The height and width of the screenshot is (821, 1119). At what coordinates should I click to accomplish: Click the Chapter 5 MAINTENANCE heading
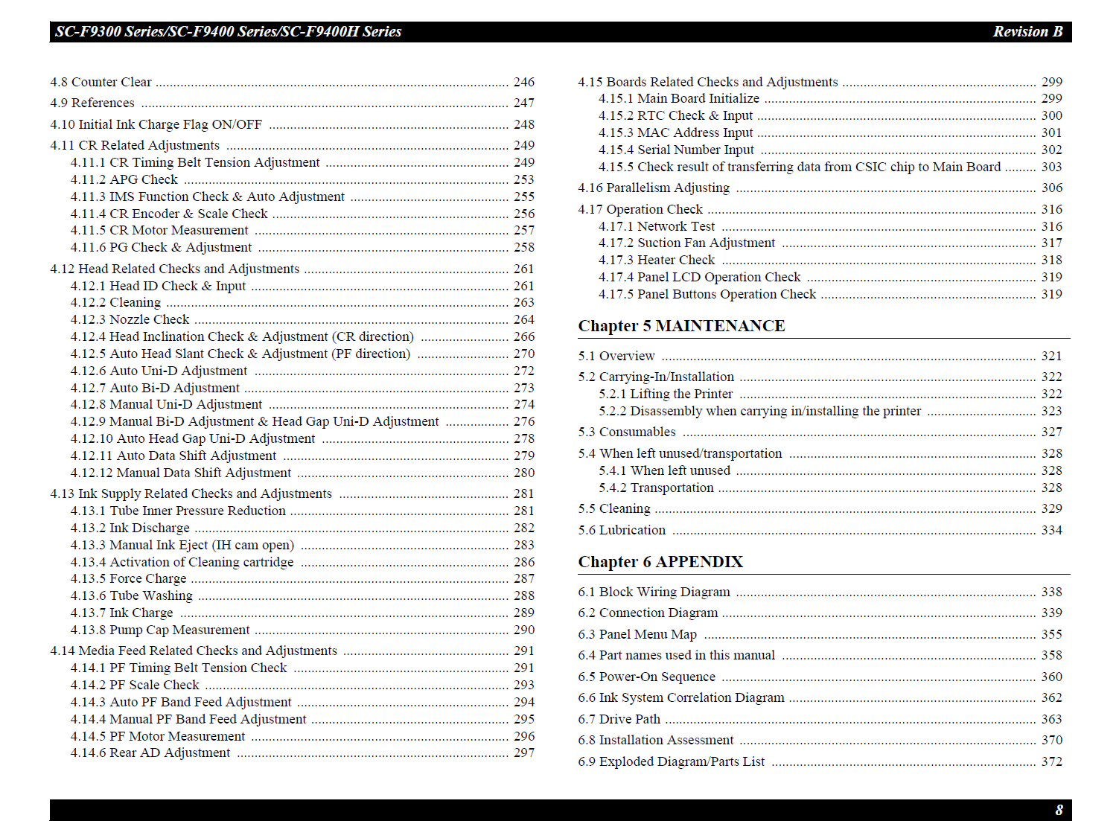[x=681, y=326]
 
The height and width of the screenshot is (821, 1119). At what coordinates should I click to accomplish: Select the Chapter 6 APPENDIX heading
[x=660, y=562]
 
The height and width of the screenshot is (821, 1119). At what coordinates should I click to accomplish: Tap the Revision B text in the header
[x=1027, y=31]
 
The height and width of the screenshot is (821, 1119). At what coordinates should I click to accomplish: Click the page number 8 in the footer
[x=1059, y=810]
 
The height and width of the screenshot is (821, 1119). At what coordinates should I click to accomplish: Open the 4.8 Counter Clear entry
[x=101, y=82]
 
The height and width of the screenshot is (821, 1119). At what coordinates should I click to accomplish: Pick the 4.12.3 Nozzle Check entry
[x=130, y=319]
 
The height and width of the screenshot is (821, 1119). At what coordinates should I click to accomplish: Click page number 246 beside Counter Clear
[x=523, y=82]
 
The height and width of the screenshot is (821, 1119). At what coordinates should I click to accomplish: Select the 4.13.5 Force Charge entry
[x=128, y=578]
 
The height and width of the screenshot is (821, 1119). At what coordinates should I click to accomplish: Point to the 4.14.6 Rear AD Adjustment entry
[x=150, y=753]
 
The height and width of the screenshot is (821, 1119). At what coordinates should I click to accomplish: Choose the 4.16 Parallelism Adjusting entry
[x=654, y=188]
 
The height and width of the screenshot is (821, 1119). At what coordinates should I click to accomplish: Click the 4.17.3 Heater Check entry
[x=657, y=260]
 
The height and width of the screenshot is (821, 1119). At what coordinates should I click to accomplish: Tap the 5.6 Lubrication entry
[x=622, y=530]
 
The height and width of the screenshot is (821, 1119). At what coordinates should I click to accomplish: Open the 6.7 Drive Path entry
[x=619, y=719]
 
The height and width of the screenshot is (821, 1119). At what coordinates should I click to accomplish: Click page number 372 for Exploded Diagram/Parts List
[x=1051, y=761]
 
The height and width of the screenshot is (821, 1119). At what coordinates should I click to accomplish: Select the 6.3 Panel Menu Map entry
[x=637, y=634]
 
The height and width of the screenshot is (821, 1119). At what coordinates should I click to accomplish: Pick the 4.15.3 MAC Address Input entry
[x=676, y=132]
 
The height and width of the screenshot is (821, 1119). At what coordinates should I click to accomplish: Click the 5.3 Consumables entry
[x=627, y=432]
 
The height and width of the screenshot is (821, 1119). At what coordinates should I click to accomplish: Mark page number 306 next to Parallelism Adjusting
[x=1051, y=188]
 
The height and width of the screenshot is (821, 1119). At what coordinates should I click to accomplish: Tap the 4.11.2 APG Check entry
[x=124, y=179]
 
